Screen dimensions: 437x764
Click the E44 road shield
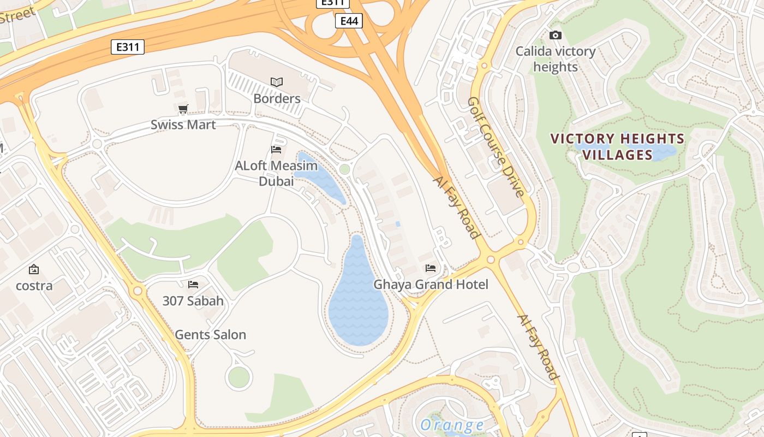pyautogui.click(x=348, y=21)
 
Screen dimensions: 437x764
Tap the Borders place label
pyautogui.click(x=277, y=98)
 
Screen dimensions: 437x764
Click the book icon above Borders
pyautogui.click(x=277, y=82)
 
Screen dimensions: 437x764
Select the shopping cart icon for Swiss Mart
pyautogui.click(x=183, y=109)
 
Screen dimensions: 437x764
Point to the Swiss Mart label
pyautogui.click(x=183, y=125)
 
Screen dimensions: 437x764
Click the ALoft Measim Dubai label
pyautogui.click(x=276, y=173)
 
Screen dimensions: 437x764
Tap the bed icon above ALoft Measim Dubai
pyautogui.click(x=276, y=150)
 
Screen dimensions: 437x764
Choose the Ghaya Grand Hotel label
pyautogui.click(x=431, y=284)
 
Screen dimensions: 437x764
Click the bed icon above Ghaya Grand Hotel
pyautogui.click(x=431, y=268)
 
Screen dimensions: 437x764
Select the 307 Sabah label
pyautogui.click(x=193, y=300)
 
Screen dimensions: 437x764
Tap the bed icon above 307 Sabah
pyautogui.click(x=193, y=285)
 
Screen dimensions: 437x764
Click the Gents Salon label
pyautogui.click(x=210, y=334)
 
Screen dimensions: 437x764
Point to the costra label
pyautogui.click(x=34, y=285)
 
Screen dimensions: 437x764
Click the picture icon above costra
pyautogui.click(x=34, y=269)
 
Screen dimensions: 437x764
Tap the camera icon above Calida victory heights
pyautogui.click(x=556, y=36)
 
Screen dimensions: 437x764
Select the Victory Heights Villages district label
pyautogui.click(x=617, y=146)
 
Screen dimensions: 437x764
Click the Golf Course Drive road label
pyautogui.click(x=496, y=146)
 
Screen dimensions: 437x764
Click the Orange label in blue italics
pyautogui.click(x=452, y=424)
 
